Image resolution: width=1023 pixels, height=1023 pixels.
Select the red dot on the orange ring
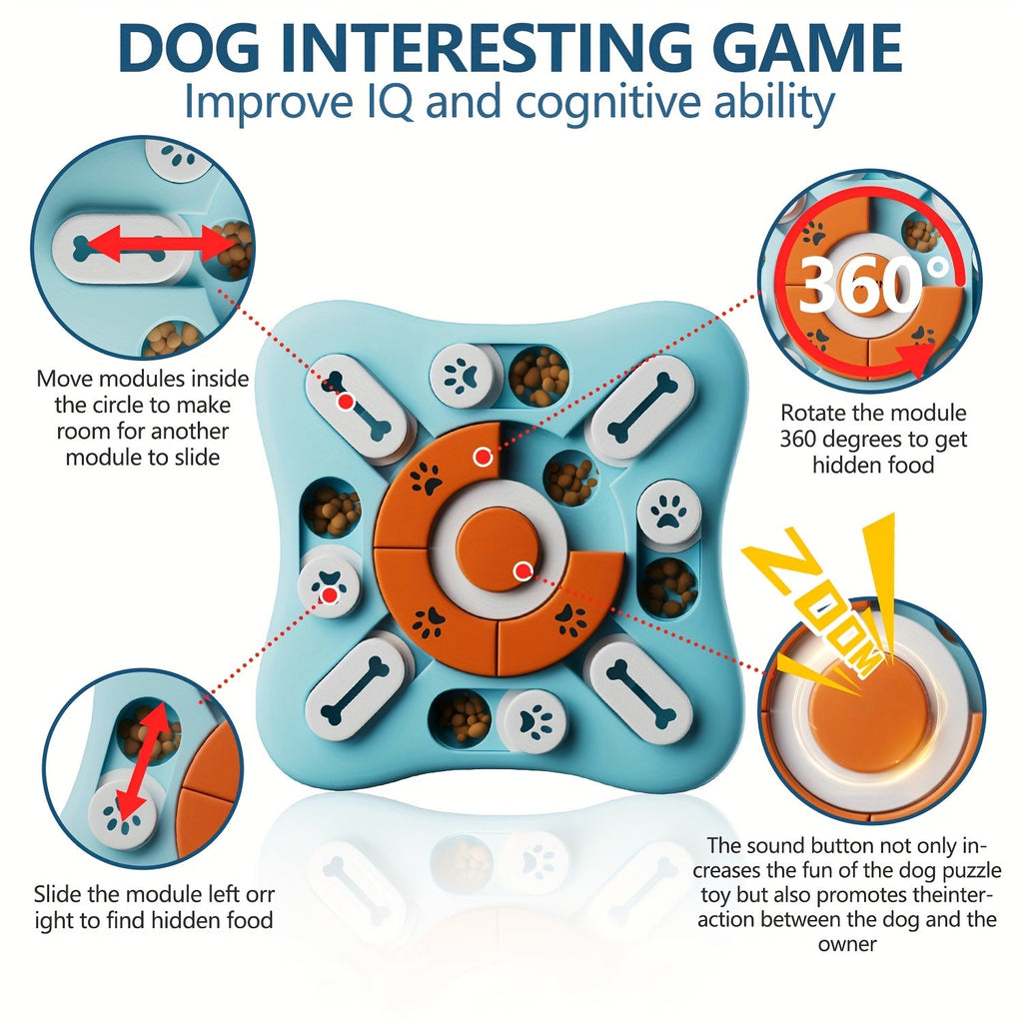[x=483, y=457]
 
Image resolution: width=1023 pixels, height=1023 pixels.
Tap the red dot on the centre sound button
[x=521, y=571]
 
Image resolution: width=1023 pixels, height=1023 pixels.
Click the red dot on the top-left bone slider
[x=347, y=402]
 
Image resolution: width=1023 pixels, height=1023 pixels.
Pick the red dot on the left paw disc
[x=330, y=595]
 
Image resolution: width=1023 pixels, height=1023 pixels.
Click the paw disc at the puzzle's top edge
[x=463, y=377]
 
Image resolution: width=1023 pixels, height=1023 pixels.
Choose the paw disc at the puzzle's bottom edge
[x=531, y=721]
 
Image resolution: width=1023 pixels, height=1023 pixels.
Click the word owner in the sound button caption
[x=847, y=944]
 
